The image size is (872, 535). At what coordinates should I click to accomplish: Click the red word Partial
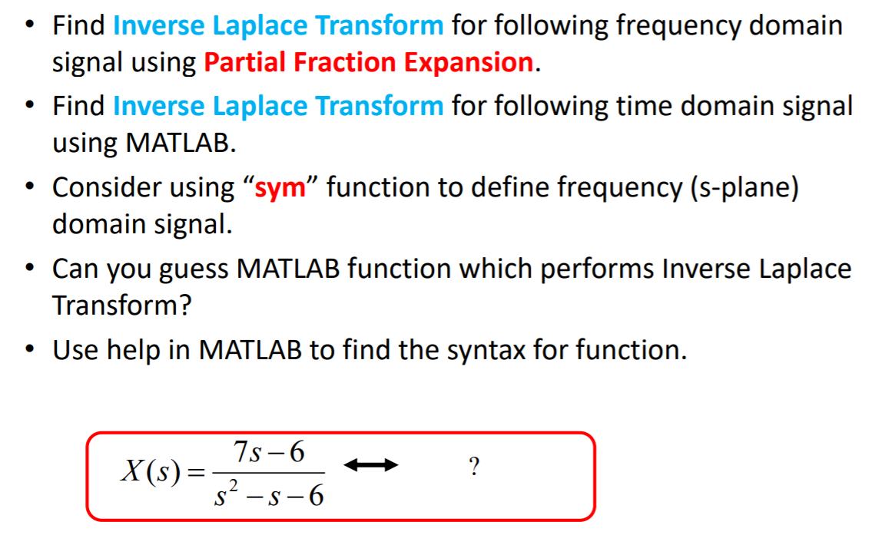pos(244,62)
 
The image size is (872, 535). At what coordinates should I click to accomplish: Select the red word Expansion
pos(469,62)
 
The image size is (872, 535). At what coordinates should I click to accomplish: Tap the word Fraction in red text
pos(345,61)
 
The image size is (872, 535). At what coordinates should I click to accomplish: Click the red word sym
pos(280,188)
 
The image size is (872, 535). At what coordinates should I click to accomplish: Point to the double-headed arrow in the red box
pos(371,465)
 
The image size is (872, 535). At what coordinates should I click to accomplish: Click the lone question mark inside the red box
pos(474,467)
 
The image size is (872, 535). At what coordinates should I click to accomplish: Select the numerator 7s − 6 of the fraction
pos(269,451)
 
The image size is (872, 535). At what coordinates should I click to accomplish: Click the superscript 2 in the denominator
pos(234,485)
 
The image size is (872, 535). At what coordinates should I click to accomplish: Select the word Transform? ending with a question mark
pos(122,305)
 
